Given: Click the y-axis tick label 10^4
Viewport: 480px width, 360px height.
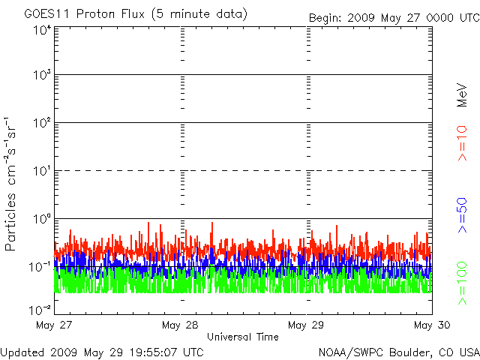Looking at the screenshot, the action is tap(42, 31).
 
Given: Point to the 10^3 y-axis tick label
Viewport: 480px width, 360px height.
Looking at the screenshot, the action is tap(42, 75).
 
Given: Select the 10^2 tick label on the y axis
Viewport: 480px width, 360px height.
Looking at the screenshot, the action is tap(42, 123).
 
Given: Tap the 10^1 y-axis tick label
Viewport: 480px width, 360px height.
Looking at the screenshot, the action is tap(42, 171).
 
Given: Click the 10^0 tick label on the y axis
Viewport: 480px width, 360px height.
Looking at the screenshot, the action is tap(42, 219).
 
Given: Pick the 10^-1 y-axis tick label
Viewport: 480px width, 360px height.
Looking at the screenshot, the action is tap(40, 267).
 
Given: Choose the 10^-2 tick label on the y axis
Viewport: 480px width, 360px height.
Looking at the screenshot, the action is tap(40, 310).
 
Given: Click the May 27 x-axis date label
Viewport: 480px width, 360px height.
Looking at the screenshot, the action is tap(54, 325).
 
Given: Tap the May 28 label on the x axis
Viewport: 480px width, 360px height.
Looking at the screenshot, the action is tap(180, 325).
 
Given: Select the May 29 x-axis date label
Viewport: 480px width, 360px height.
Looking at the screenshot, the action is tap(306, 325).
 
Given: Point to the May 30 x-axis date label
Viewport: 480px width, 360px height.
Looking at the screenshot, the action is tap(432, 325).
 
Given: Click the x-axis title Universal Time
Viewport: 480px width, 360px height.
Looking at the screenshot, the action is tap(243, 337).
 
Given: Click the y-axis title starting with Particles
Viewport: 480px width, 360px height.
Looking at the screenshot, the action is tap(10, 184).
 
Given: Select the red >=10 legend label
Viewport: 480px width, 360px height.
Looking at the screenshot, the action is tap(462, 143).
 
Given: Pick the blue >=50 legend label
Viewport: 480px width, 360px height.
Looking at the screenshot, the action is tap(462, 215).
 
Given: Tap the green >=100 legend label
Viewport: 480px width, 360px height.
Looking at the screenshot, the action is tap(462, 283).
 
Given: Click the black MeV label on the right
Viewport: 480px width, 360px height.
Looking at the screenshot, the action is tap(462, 95).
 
